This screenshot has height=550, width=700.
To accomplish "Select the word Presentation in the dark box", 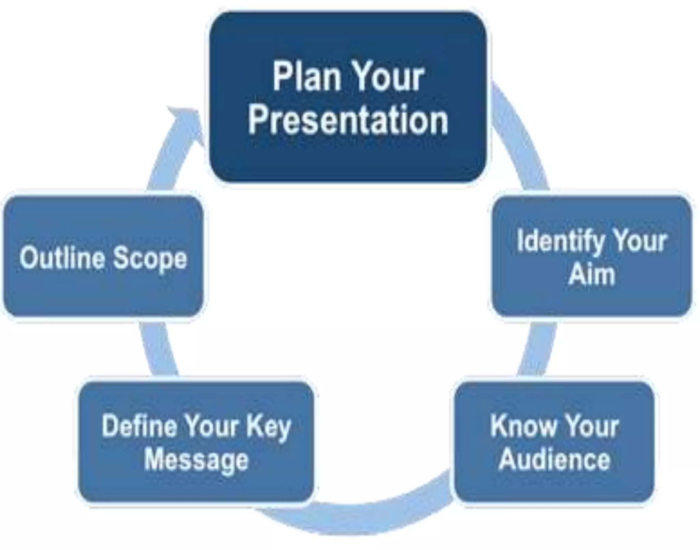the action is pos(348,120).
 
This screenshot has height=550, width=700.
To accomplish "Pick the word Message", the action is pos(196,460).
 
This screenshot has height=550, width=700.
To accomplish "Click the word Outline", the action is pos(62,258).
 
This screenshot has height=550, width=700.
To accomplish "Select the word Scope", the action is pos(150,259).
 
